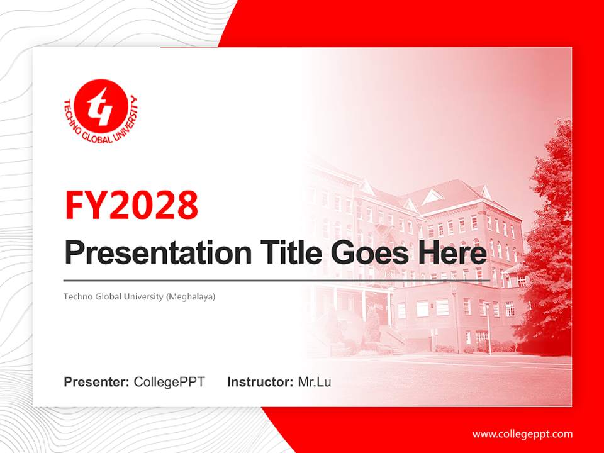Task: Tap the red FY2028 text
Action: click(131, 205)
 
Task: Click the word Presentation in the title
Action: click(158, 253)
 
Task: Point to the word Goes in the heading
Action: click(370, 252)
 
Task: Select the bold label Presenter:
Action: click(96, 382)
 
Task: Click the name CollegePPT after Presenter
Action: click(169, 382)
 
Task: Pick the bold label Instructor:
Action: click(260, 382)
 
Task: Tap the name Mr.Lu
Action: click(315, 382)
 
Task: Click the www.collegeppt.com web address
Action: click(522, 434)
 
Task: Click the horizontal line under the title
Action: click(277, 281)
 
